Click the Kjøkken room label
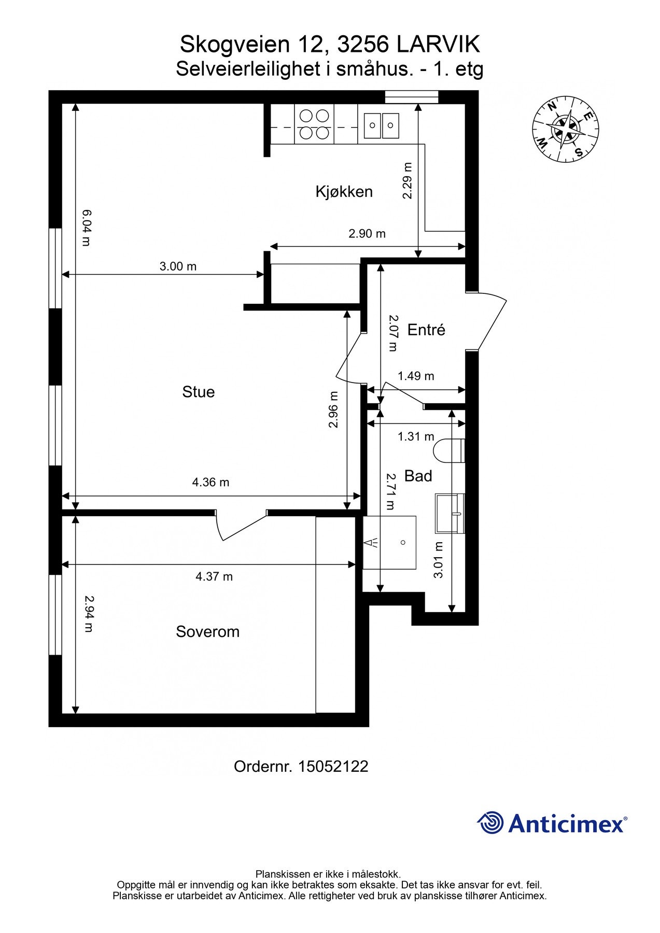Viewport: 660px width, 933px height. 344,192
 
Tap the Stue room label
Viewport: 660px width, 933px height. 198,392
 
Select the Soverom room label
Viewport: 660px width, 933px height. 207,632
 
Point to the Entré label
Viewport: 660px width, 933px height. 426,330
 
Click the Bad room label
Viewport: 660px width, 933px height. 418,476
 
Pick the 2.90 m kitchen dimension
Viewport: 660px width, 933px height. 367,234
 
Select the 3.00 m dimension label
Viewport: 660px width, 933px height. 178,266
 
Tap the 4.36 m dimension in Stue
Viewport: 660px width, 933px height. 210,483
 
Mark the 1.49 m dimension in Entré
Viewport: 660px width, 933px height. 416,376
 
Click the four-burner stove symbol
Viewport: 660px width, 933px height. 314,124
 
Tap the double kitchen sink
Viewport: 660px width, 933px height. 381,125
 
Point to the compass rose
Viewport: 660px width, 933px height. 565,128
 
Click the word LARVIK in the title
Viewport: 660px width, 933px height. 439,45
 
